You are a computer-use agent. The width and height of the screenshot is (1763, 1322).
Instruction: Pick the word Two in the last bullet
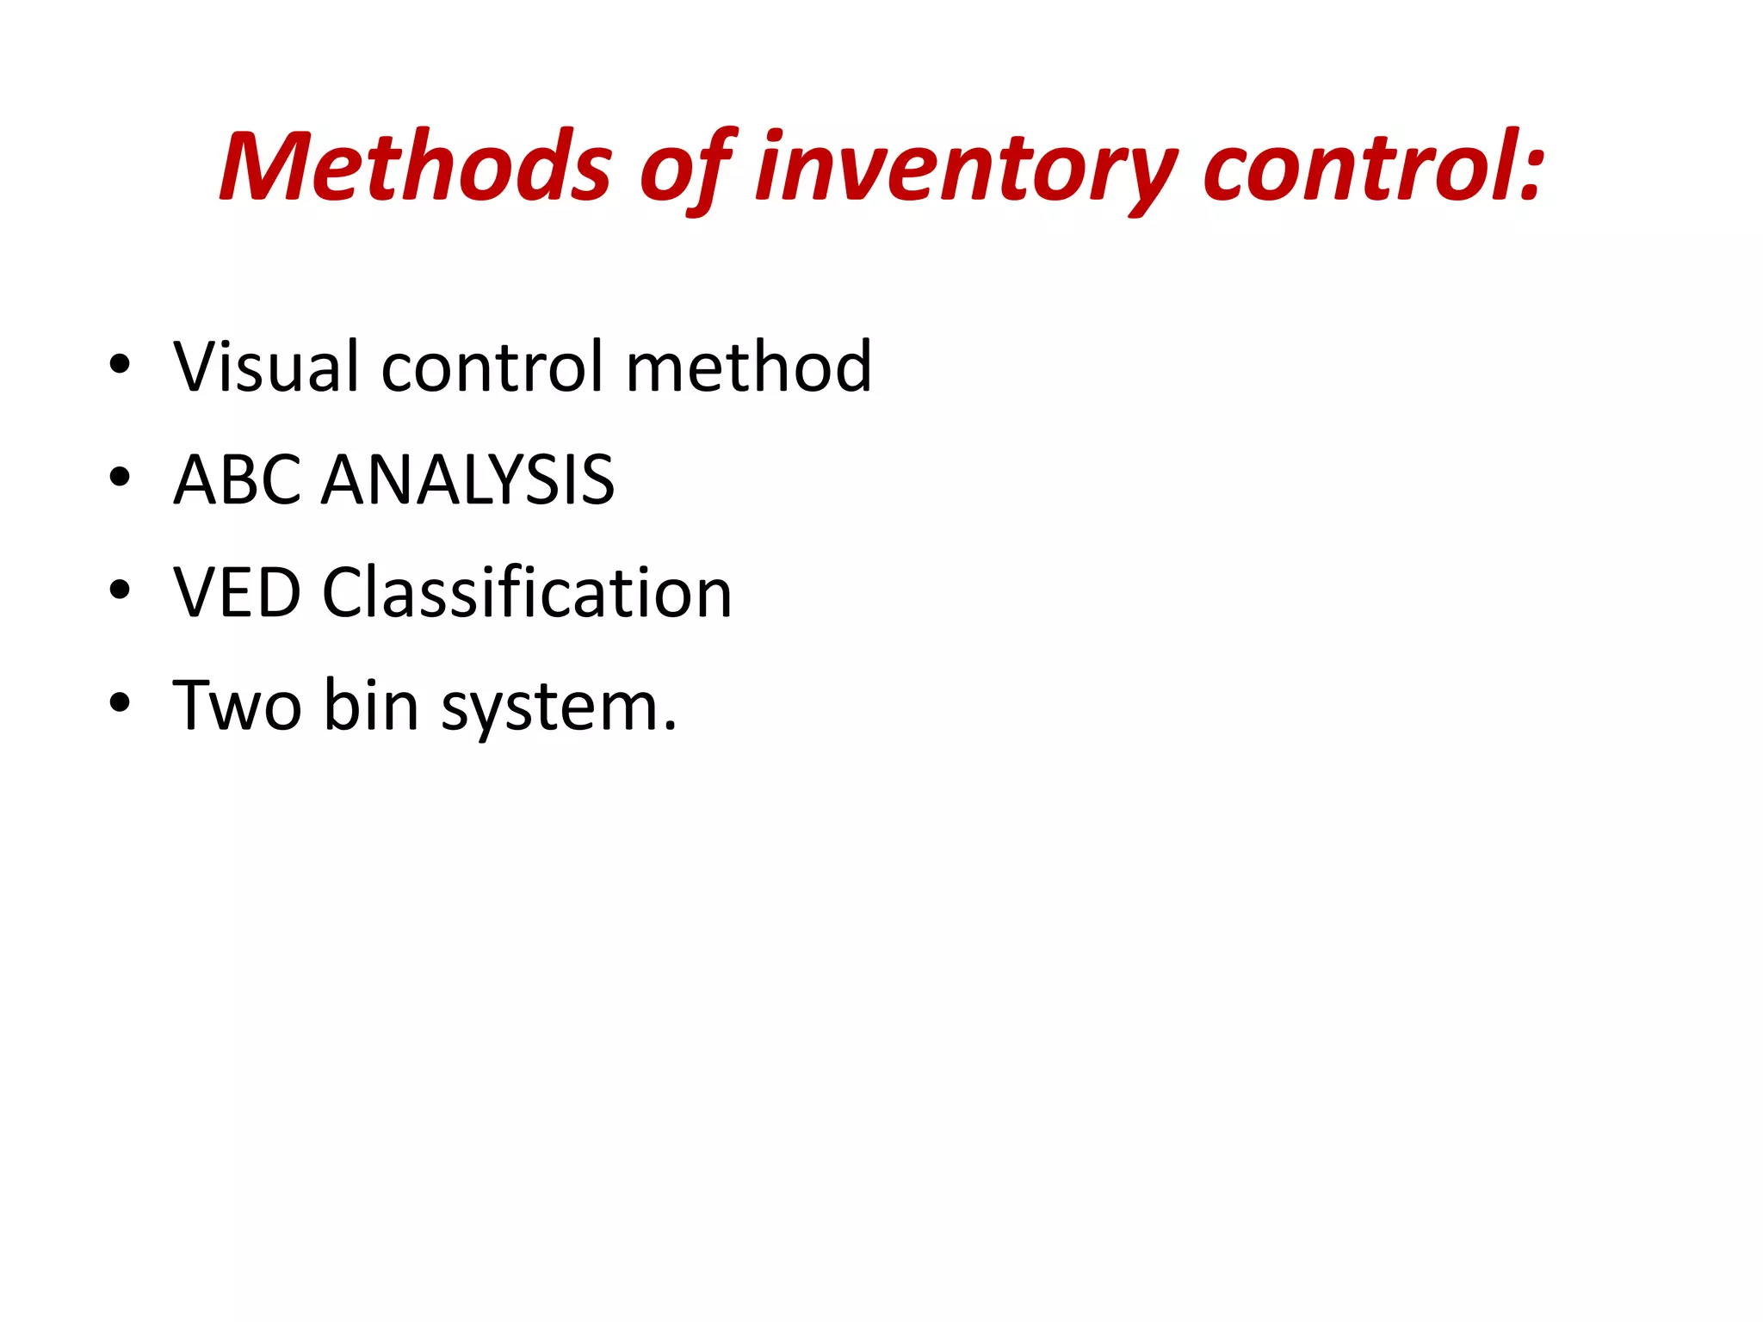click(x=237, y=706)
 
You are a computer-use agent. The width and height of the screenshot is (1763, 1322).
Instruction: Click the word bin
click(x=371, y=706)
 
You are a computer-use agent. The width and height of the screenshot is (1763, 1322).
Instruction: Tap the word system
click(x=547, y=711)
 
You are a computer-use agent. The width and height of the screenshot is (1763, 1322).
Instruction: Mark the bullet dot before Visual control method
click(x=120, y=364)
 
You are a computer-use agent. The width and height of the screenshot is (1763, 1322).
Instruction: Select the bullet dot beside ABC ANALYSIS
click(x=120, y=477)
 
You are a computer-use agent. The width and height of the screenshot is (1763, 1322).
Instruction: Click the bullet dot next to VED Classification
click(x=120, y=590)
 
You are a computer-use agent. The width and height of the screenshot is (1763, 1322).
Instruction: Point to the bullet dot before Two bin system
click(x=120, y=703)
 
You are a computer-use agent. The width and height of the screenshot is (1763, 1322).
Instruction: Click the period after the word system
click(x=670, y=728)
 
